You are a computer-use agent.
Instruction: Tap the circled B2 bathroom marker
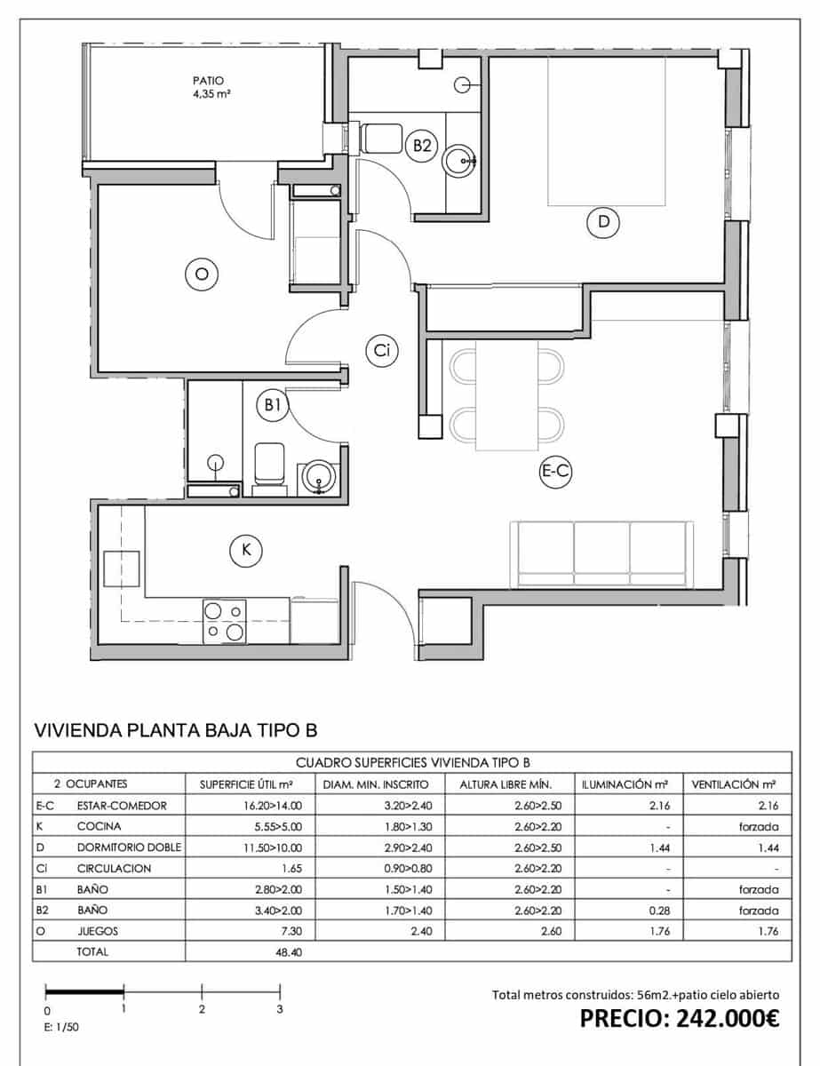pyautogui.click(x=422, y=145)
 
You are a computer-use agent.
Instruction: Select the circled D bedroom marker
pyautogui.click(x=604, y=222)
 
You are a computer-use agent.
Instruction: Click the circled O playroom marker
pyautogui.click(x=201, y=274)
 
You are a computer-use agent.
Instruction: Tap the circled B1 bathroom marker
pyautogui.click(x=273, y=405)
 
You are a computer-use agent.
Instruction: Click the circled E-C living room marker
pyautogui.click(x=555, y=473)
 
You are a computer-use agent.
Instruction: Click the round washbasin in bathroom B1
pyautogui.click(x=318, y=478)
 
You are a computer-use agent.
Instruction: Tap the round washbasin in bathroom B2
pyautogui.click(x=460, y=161)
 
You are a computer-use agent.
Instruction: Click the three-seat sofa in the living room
pyautogui.click(x=602, y=554)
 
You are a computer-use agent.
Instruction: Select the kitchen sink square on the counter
pyautogui.click(x=121, y=569)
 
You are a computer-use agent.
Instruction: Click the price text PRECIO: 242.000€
pyautogui.click(x=680, y=1018)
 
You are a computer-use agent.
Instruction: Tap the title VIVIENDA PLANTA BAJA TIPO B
pyautogui.click(x=175, y=730)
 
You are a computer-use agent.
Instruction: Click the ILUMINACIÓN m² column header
pyautogui.click(x=625, y=784)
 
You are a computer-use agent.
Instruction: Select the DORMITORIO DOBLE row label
pyautogui.click(x=129, y=847)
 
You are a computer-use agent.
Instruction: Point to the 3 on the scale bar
pyautogui.click(x=280, y=1009)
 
